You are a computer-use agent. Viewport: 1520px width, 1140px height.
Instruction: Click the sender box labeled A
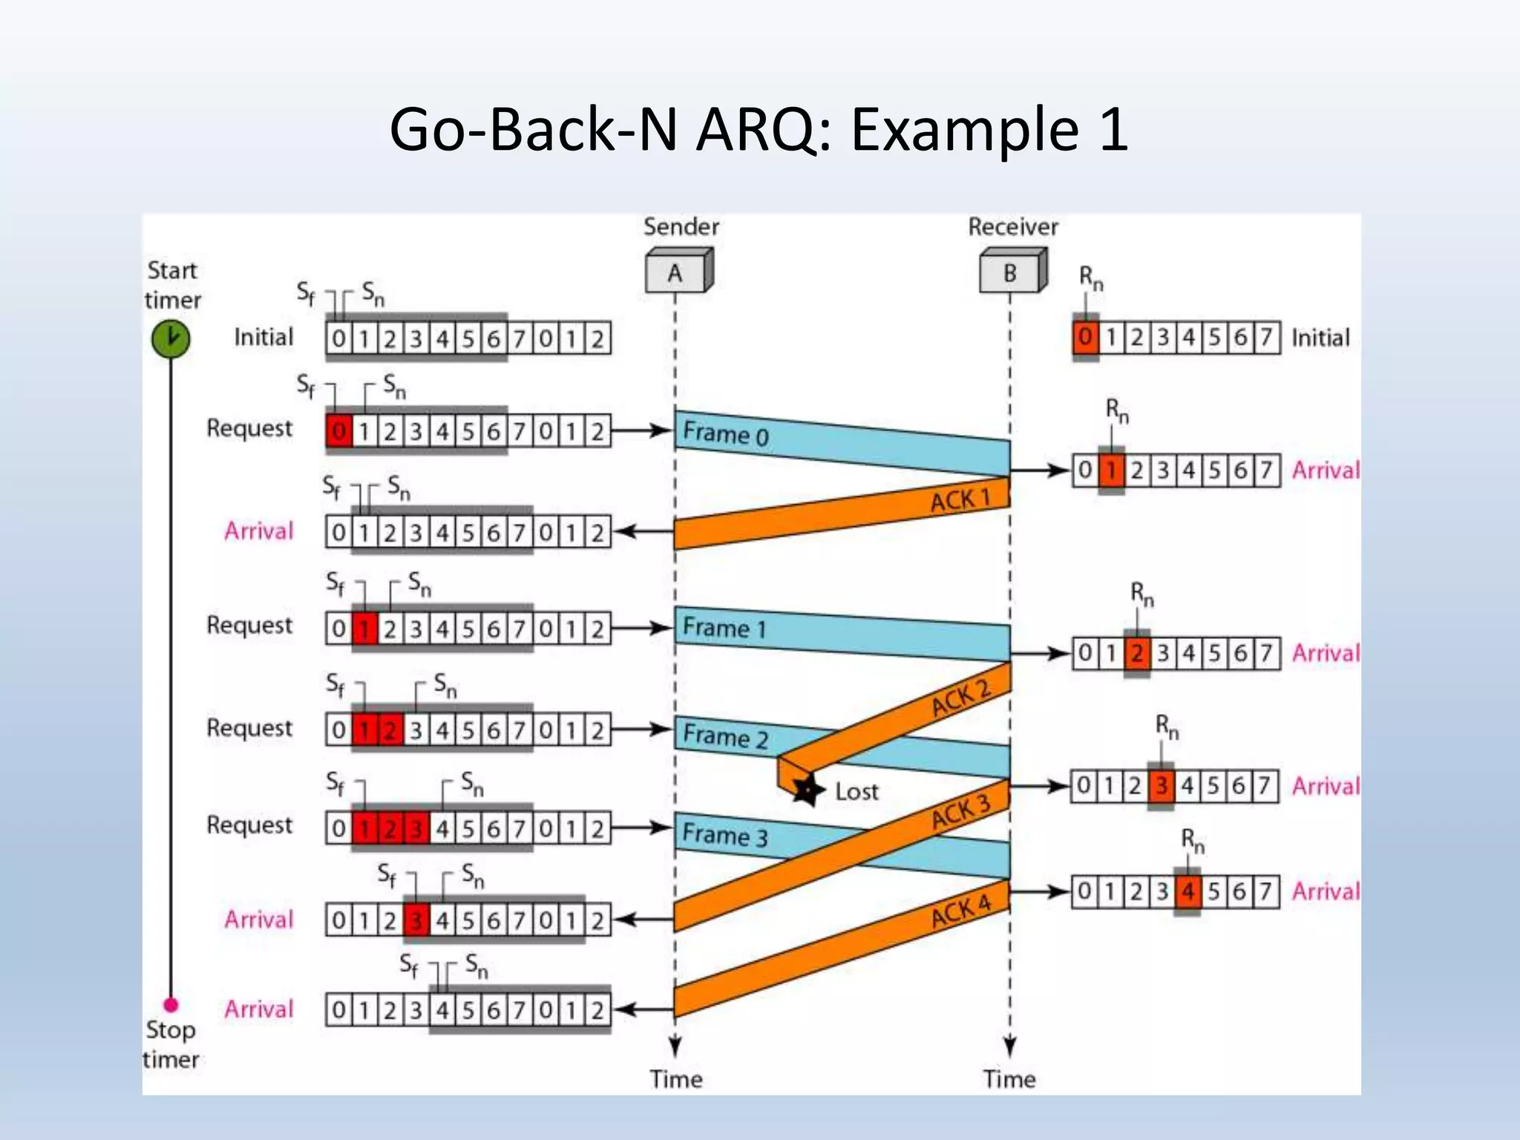(676, 272)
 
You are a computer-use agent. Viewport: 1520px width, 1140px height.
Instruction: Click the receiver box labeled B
(1011, 272)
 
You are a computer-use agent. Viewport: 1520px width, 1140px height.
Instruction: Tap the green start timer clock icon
(171, 338)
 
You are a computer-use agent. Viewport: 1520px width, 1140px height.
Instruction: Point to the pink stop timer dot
(171, 1005)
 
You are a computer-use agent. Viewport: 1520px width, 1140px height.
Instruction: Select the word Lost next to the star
(856, 791)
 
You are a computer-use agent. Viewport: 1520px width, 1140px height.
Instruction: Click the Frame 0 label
(725, 433)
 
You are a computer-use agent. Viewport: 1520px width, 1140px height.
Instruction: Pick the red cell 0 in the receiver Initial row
(1085, 338)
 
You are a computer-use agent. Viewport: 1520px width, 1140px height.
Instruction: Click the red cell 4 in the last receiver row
(1187, 891)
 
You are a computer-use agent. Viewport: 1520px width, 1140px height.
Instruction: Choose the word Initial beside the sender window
(263, 338)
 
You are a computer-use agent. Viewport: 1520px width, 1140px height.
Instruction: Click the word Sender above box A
(681, 227)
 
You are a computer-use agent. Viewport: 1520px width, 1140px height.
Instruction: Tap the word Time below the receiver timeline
(1009, 1078)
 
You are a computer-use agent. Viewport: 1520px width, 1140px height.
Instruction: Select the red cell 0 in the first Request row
(339, 431)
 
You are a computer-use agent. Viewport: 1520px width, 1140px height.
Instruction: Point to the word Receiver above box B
(1012, 227)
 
